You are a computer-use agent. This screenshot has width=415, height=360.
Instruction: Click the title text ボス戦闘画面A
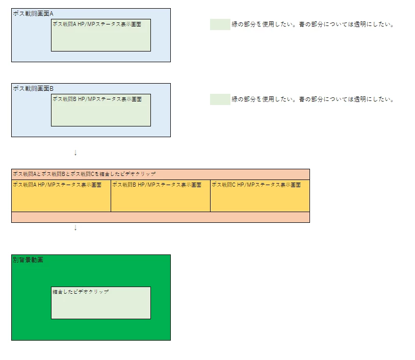pyautogui.click(x=33, y=13)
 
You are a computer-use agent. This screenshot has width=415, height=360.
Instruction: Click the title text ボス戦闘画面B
pyautogui.click(x=33, y=88)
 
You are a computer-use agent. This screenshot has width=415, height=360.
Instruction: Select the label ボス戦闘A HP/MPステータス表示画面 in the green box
pyautogui.click(x=97, y=24)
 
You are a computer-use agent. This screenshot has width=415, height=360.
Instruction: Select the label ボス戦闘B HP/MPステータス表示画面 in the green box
pyautogui.click(x=97, y=99)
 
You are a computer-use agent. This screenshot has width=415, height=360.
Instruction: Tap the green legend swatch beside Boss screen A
pyautogui.click(x=220, y=24)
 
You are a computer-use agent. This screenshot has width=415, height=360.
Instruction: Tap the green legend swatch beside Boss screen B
pyautogui.click(x=220, y=99)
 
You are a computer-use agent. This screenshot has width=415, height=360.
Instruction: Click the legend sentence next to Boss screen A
pyautogui.click(x=313, y=24)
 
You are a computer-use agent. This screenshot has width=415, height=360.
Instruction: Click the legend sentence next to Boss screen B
pyautogui.click(x=313, y=99)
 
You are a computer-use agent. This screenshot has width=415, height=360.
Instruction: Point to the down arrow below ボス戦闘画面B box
pyautogui.click(x=75, y=153)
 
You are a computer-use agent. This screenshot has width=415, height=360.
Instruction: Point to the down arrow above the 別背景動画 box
pyautogui.click(x=75, y=227)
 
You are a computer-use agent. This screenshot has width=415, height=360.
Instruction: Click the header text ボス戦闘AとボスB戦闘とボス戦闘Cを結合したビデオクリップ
pyautogui.click(x=84, y=174)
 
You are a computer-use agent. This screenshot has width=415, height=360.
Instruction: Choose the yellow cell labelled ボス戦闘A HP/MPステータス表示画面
pyautogui.click(x=61, y=196)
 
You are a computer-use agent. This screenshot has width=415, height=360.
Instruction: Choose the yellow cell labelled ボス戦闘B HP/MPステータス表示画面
pyautogui.click(x=161, y=196)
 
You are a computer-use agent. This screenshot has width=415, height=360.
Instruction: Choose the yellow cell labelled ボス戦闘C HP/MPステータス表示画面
pyautogui.click(x=260, y=196)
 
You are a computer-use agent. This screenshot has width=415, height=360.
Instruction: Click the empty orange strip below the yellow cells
pyautogui.click(x=161, y=217)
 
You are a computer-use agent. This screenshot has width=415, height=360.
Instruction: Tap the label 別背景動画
pyautogui.click(x=28, y=260)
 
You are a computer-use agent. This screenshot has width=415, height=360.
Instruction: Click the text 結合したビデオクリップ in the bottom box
pyautogui.click(x=81, y=292)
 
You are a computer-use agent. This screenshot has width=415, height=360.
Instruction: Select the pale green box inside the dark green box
pyautogui.click(x=101, y=303)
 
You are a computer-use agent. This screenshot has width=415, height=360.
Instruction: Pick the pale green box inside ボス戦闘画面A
pyautogui.click(x=101, y=35)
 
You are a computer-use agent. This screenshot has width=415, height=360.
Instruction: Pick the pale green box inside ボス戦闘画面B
pyautogui.click(x=101, y=110)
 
